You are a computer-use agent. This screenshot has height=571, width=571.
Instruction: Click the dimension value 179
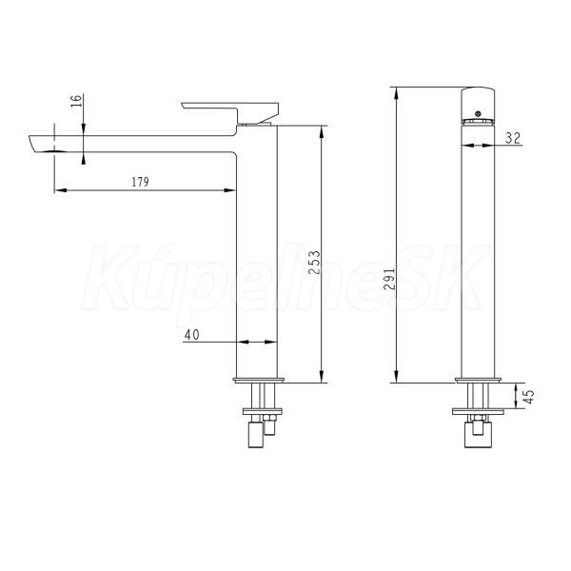(140, 182)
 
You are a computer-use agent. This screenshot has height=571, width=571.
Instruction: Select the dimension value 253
(314, 263)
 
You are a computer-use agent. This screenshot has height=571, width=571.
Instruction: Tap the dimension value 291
(390, 279)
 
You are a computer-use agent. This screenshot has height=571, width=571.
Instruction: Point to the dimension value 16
(76, 101)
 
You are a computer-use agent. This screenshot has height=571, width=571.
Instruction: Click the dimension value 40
(191, 335)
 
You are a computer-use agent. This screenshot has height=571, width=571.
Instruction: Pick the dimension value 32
(513, 138)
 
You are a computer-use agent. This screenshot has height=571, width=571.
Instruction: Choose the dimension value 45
(529, 396)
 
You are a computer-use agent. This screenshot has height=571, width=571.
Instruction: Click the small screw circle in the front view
(478, 113)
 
